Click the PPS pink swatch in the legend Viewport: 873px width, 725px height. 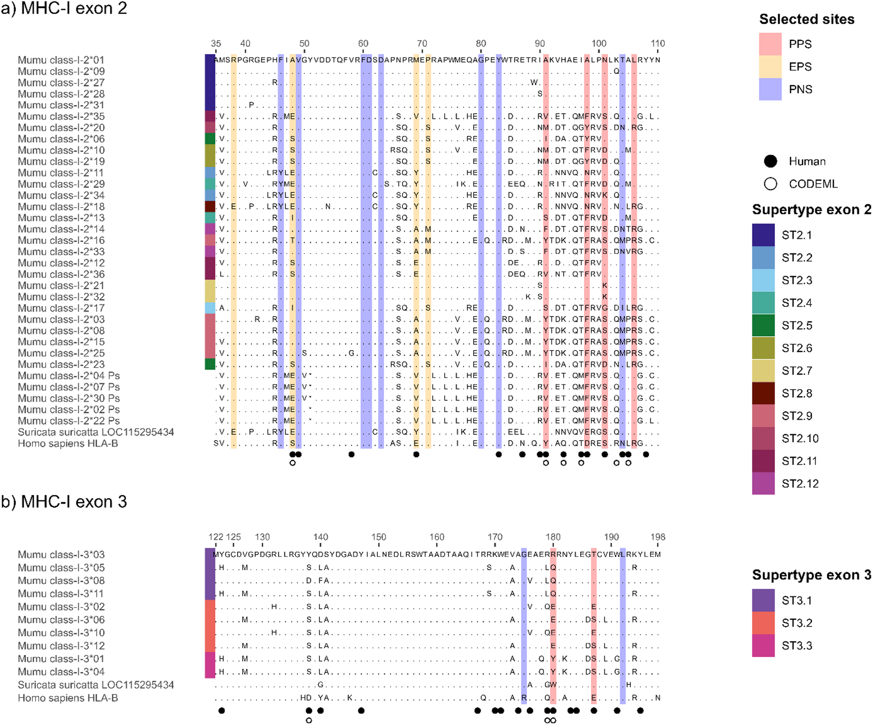(770, 44)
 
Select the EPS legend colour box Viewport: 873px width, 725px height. (770, 67)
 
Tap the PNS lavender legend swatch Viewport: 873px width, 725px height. (770, 89)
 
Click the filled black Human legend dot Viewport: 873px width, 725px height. (770, 161)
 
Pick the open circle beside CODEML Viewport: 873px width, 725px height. (770, 184)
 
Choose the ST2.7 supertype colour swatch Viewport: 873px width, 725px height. (763, 371)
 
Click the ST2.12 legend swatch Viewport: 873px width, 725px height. (763, 484)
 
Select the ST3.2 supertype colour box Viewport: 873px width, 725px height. (763, 623)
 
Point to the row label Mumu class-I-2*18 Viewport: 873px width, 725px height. (61, 207)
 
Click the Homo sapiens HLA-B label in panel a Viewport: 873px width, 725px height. (68, 444)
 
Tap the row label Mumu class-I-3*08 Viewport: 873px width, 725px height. (61, 581)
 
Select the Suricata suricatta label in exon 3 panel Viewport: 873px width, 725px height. (96, 685)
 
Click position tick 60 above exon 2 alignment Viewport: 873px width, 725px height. (363, 43)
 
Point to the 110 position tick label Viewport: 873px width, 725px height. (658, 43)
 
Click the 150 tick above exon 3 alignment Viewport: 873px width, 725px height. (379, 537)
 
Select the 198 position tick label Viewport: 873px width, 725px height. (658, 537)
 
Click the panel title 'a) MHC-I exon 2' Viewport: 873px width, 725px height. (64, 8)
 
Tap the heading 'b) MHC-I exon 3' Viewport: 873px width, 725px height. (64, 502)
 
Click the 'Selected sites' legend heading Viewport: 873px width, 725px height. (806, 19)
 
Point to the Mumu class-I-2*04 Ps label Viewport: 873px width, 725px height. (69, 376)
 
